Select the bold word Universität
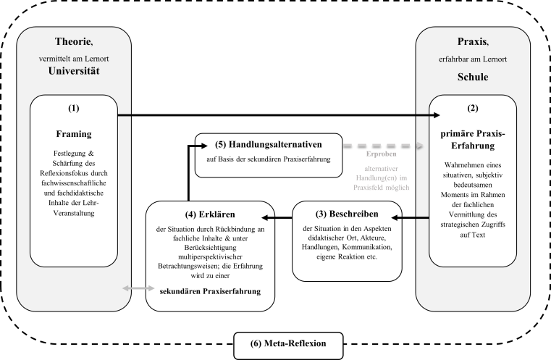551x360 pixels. point(74,72)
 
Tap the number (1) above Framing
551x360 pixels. point(74,108)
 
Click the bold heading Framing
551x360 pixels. point(74,134)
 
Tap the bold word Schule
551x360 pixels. point(472,76)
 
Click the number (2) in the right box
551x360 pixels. point(472,108)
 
